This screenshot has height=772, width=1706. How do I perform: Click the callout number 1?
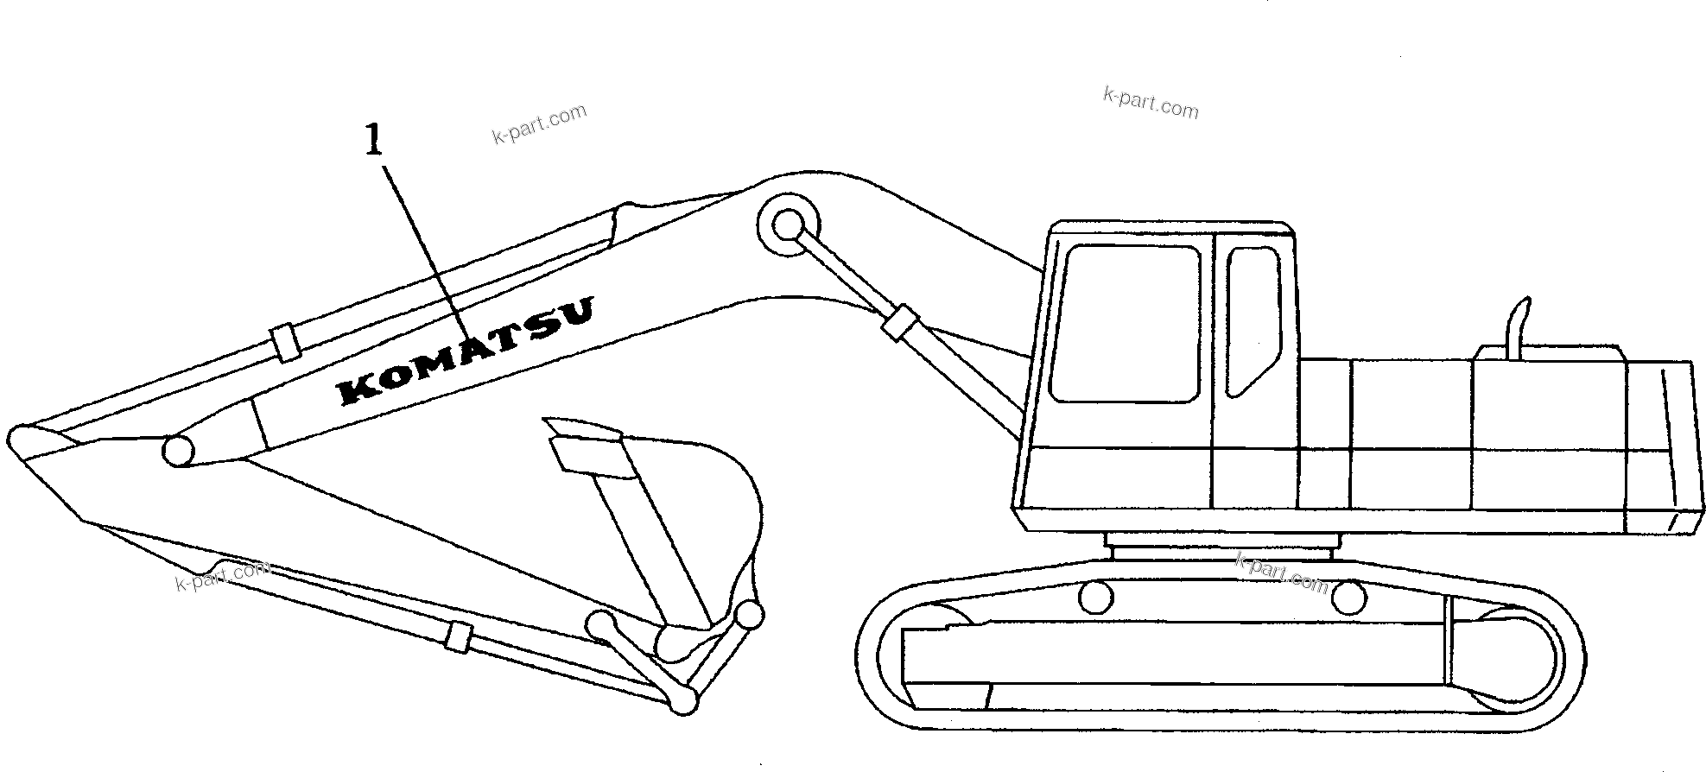coord(372,140)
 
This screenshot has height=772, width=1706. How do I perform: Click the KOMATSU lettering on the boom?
coord(467,351)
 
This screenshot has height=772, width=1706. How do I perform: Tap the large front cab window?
coord(1126,324)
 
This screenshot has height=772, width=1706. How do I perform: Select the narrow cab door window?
coord(1252,320)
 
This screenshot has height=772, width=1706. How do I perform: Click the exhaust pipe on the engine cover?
coord(1517,327)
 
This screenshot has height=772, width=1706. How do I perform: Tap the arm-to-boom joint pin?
coord(178,450)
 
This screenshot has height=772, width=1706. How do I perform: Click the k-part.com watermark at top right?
coord(1151,103)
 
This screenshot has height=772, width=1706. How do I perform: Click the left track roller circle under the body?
coord(1096,597)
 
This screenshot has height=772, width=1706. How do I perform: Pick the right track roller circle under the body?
coord(1348,597)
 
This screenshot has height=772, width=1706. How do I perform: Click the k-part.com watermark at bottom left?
coord(223,575)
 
